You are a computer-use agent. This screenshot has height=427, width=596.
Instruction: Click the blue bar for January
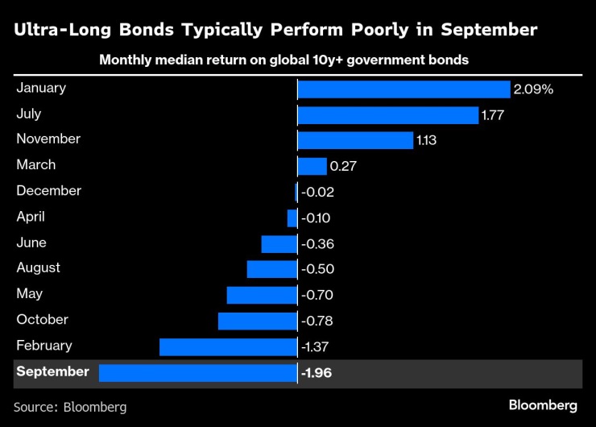tap(404, 89)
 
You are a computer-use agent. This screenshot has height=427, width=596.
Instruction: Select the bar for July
tap(388, 115)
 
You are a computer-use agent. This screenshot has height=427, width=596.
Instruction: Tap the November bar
tap(355, 141)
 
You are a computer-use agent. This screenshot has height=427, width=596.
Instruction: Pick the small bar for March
tap(312, 167)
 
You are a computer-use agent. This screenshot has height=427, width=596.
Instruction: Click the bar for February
tap(229, 347)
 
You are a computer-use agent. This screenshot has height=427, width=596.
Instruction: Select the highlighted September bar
tap(198, 373)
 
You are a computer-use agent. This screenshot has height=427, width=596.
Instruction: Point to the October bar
tap(258, 321)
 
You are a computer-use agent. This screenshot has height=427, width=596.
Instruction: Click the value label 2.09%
tap(534, 89)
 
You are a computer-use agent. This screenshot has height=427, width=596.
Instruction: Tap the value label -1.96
tap(317, 373)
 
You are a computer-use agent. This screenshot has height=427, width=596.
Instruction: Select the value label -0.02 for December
tap(317, 193)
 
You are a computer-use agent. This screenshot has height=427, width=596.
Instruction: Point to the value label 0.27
tap(343, 167)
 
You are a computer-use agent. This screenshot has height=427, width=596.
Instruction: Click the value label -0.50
tap(317, 269)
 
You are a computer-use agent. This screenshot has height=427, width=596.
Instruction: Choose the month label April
tap(31, 217)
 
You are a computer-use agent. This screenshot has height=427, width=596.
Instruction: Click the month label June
tap(31, 243)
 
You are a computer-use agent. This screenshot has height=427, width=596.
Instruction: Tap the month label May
tap(30, 294)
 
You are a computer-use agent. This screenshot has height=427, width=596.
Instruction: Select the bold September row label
tap(52, 371)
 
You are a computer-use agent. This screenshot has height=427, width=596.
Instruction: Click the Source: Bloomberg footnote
tap(70, 407)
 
